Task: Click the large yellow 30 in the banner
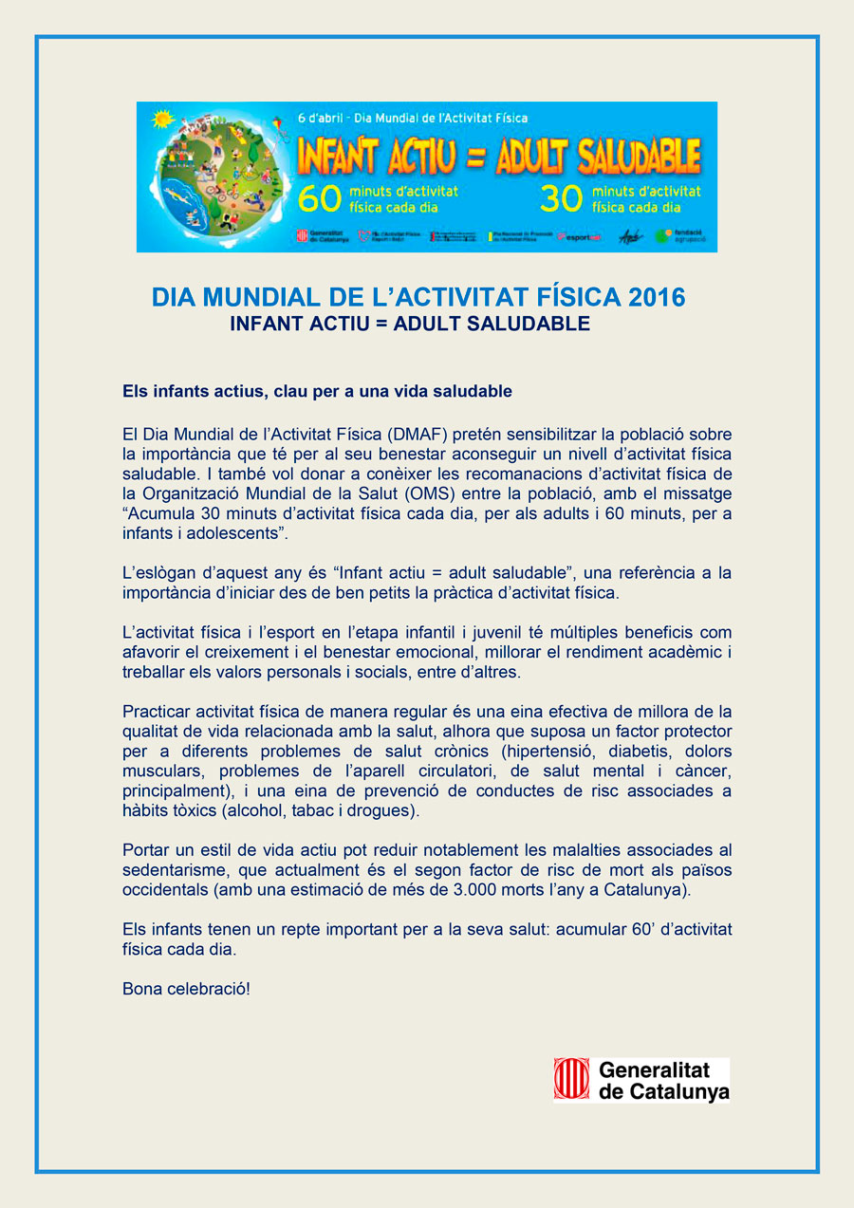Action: point(559,198)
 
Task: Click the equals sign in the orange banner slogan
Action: point(472,158)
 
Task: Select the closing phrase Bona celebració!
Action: point(186,990)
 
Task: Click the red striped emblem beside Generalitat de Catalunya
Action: point(572,1080)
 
